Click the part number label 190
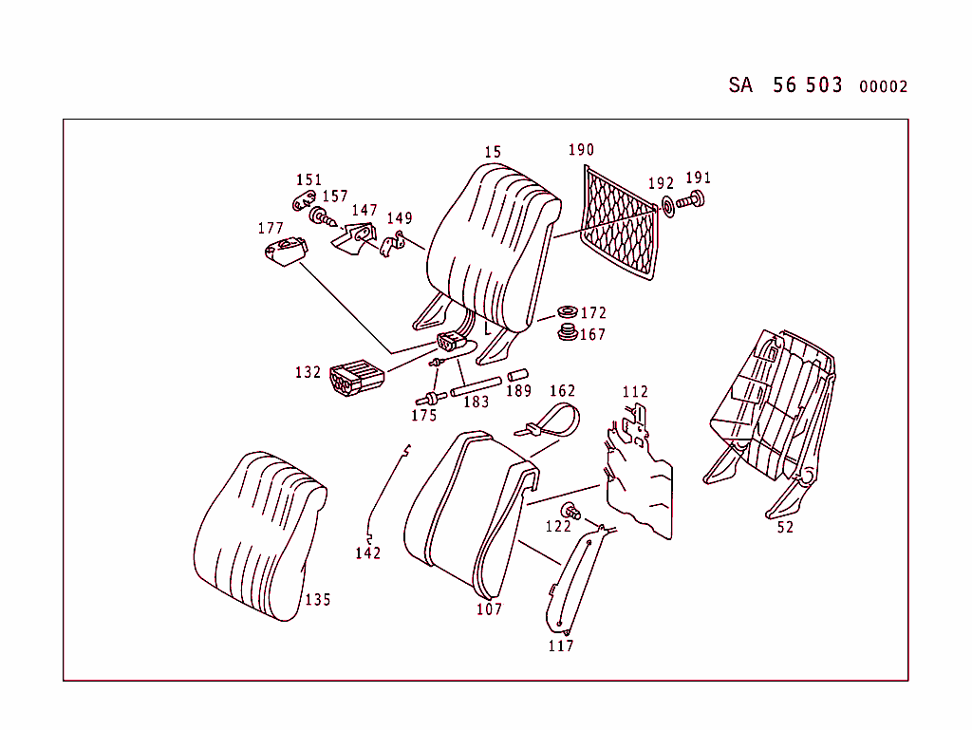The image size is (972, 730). [x=581, y=150]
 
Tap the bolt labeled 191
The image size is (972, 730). [x=695, y=201]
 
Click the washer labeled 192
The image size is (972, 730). [x=667, y=205]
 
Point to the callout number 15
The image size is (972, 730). [x=492, y=152]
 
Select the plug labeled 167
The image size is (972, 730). [x=568, y=332]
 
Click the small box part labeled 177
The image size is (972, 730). [x=284, y=252]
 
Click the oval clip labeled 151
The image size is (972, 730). [x=304, y=200]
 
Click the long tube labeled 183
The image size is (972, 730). [x=476, y=385]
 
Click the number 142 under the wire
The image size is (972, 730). [x=368, y=553]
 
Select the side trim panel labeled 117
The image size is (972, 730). [x=575, y=583]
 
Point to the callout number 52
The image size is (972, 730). [x=785, y=528]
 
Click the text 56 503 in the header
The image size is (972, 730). [x=807, y=84]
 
